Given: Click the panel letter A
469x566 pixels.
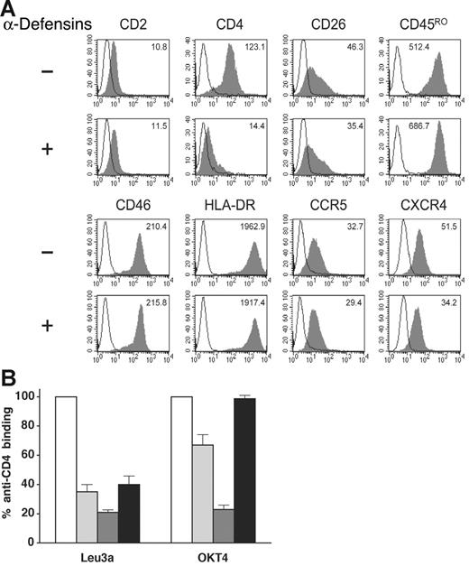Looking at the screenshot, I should point(8,8).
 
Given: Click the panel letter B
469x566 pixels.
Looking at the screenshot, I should point(8,376).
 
